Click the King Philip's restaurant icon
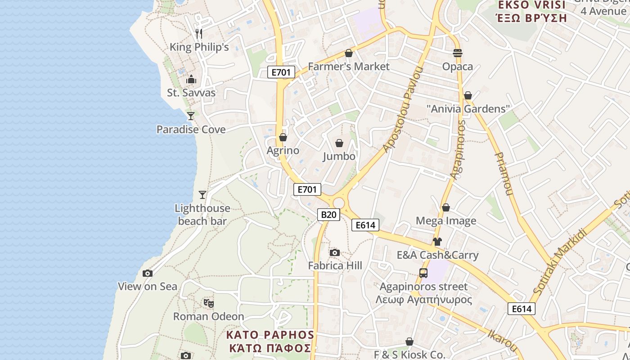[199, 33]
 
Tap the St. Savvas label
[191, 93]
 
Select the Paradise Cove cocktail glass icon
[191, 116]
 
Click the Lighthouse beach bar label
[202, 215]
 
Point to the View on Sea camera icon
[148, 273]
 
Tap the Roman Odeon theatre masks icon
[208, 303]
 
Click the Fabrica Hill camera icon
[334, 252]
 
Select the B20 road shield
[328, 215]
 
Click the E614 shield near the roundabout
[365, 225]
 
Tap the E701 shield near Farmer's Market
[281, 72]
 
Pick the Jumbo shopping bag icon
[339, 143]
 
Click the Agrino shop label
[283, 150]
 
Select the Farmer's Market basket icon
[348, 53]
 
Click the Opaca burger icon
[458, 53]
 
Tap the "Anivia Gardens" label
[468, 109]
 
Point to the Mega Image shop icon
[445, 207]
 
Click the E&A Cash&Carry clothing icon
[437, 242]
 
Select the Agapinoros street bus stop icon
[423, 273]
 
